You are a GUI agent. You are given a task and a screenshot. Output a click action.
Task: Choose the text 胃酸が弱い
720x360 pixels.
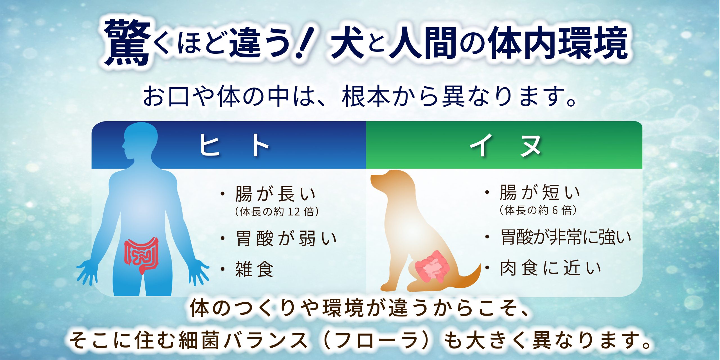[x=286, y=238]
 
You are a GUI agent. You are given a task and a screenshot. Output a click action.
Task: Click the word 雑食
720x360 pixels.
[x=254, y=269]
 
